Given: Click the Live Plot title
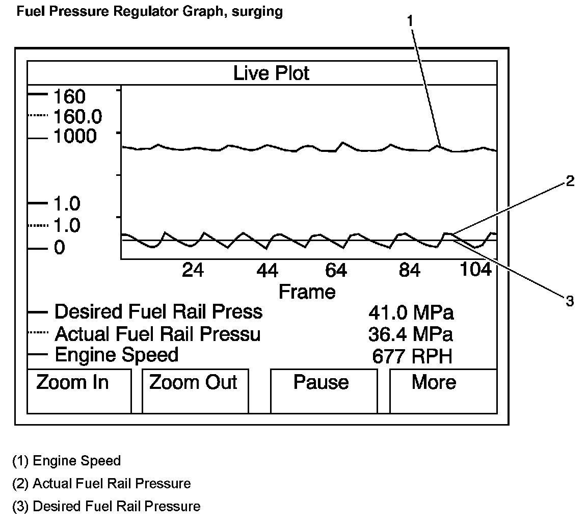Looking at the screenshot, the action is pyautogui.click(x=271, y=73).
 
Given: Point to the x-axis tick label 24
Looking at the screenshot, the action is pyautogui.click(x=193, y=270).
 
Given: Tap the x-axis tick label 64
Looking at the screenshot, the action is pyautogui.click(x=336, y=270).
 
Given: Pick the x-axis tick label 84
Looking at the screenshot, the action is pyautogui.click(x=410, y=270).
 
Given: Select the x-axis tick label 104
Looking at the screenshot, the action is pyautogui.click(x=476, y=269).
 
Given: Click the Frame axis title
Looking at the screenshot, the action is pyautogui.click(x=307, y=292).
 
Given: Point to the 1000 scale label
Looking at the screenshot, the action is pyautogui.click(x=74, y=137).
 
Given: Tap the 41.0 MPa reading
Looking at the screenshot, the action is pyautogui.click(x=411, y=312).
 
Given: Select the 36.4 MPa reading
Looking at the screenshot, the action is pyautogui.click(x=410, y=334).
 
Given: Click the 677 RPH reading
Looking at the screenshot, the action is pyautogui.click(x=412, y=356).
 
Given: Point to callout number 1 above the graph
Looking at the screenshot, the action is pyautogui.click(x=411, y=21).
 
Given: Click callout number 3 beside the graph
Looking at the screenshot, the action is pyautogui.click(x=569, y=301).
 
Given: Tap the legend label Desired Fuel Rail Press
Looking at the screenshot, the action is pyautogui.click(x=158, y=311).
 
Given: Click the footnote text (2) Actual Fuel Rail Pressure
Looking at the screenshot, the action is pyautogui.click(x=101, y=483).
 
